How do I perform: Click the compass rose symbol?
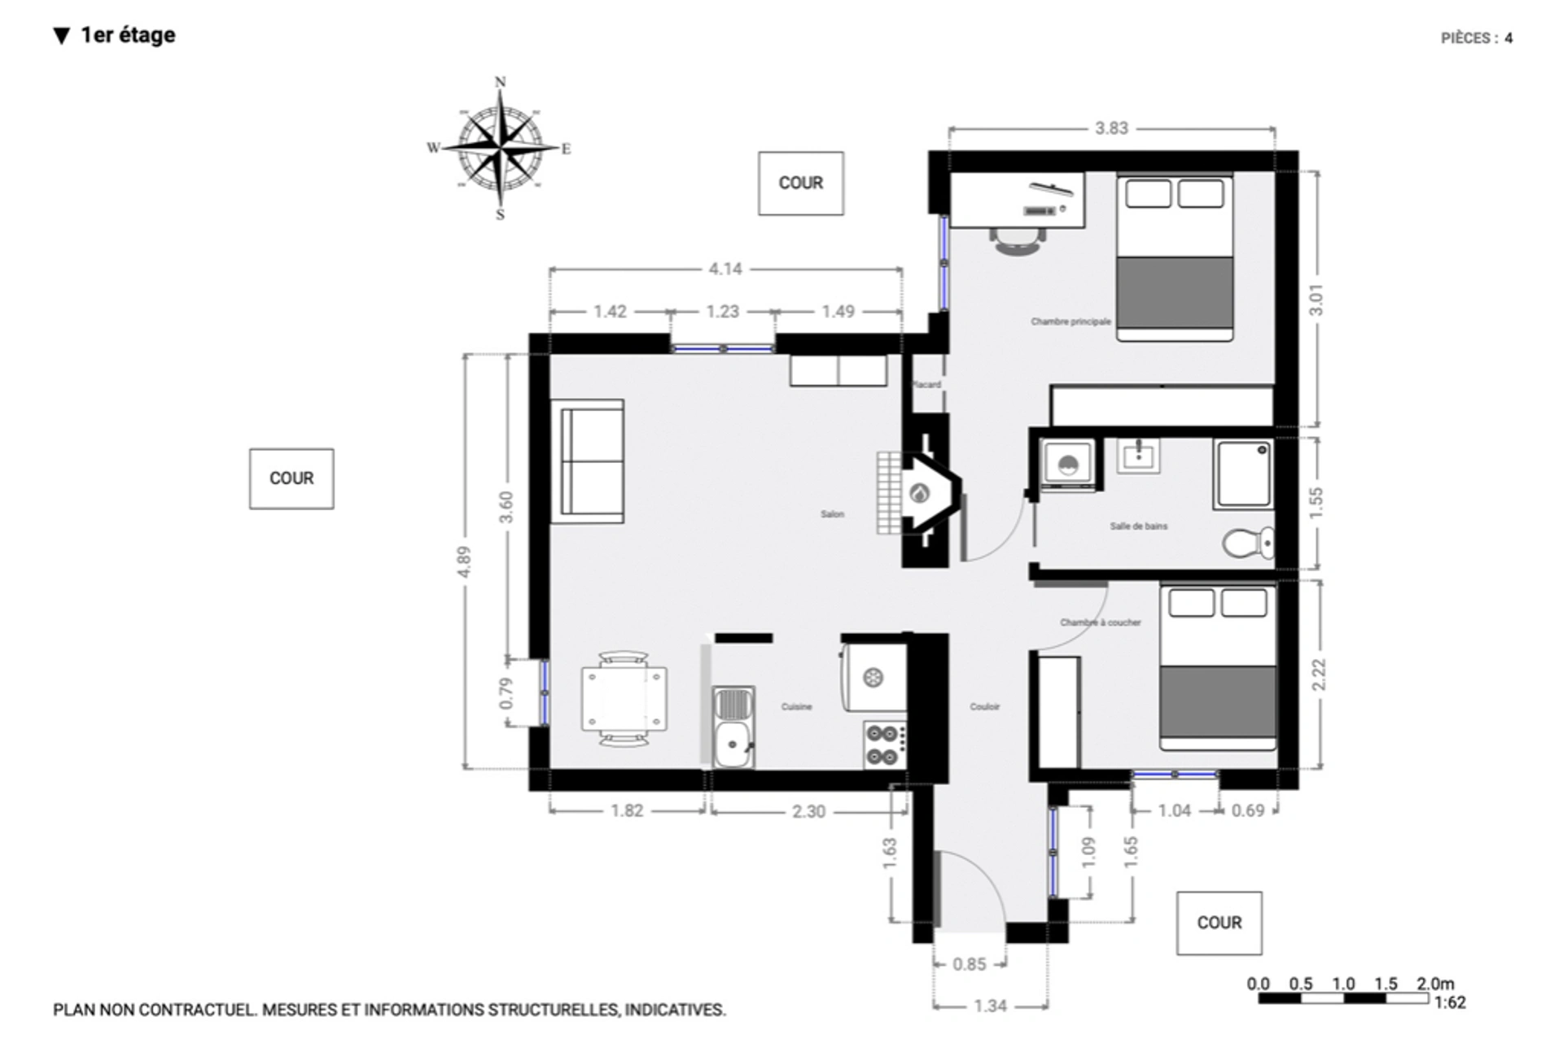(500, 148)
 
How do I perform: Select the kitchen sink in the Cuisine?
(733, 727)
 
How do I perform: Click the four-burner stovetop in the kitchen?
(884, 744)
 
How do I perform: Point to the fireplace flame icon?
(919, 493)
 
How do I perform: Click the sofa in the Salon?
(588, 461)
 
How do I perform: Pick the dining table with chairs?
(624, 699)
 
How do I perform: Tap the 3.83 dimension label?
(1111, 129)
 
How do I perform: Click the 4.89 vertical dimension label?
(464, 561)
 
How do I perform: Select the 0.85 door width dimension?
(969, 964)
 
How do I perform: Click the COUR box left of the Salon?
(291, 478)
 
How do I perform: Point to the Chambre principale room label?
(1070, 321)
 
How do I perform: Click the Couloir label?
(984, 706)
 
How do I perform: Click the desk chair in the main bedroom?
(1018, 241)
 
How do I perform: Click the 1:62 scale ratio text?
(1449, 1003)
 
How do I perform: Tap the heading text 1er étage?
(128, 35)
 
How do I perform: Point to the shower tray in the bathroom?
(1242, 474)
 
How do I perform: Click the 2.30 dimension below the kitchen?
(808, 811)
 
